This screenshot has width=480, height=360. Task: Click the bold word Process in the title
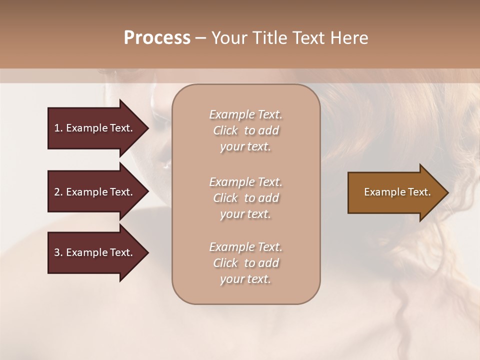coord(157,38)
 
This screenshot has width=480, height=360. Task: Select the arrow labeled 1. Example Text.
coord(95,128)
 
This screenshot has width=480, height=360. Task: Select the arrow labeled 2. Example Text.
coord(95,192)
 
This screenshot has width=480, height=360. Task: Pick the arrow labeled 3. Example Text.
coord(95,252)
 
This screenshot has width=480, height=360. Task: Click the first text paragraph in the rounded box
coord(245,130)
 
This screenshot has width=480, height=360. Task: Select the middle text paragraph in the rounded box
coord(245,198)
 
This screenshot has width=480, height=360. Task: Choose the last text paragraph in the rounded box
coord(245,263)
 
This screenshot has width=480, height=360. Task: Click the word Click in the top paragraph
coord(225,130)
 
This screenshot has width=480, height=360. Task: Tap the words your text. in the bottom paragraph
coord(245,279)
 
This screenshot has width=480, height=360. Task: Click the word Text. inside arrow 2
coord(121,192)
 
